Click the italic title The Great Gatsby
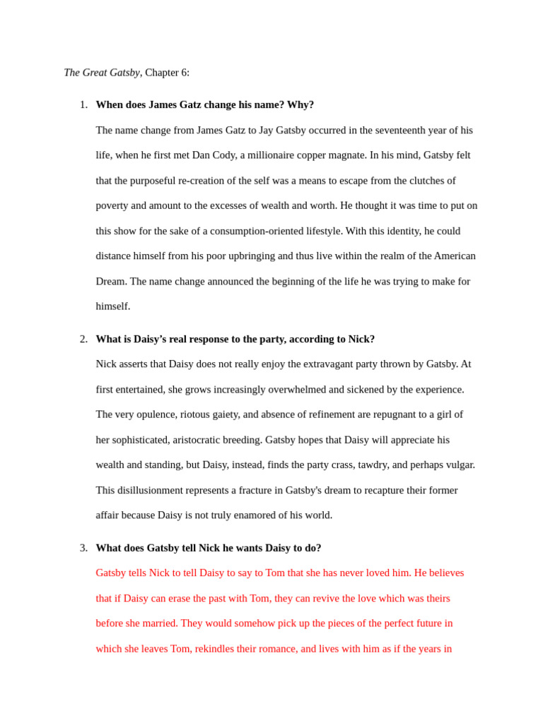[102, 73]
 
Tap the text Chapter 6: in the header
[167, 73]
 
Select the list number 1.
[83, 104]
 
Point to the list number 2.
[83, 339]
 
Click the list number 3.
[83, 548]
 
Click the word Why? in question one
[300, 104]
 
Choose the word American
[455, 256]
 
